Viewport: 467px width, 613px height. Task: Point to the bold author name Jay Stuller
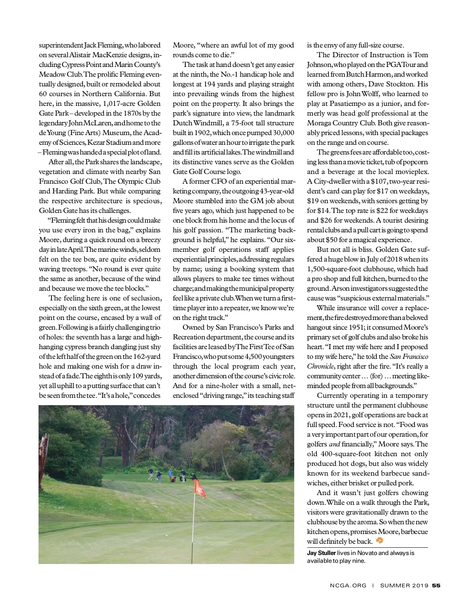click(321, 553)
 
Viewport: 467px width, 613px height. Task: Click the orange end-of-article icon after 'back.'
click(379, 541)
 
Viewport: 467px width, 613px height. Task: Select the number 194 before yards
click(210, 84)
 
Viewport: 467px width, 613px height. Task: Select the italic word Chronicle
click(320, 366)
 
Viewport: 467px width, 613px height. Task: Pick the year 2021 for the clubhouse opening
click(342, 415)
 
